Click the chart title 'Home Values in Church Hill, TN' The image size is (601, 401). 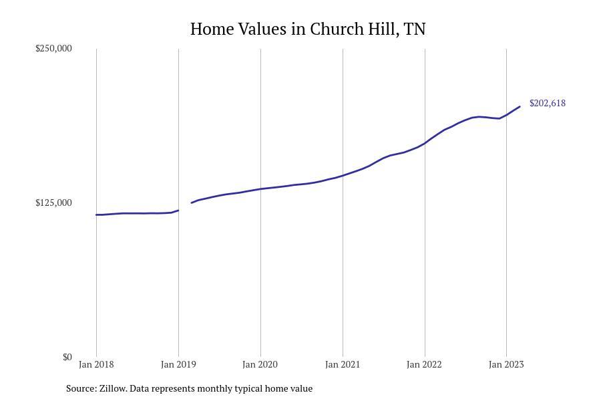point(308,29)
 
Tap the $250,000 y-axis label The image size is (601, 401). point(53,48)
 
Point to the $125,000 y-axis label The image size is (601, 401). point(53,203)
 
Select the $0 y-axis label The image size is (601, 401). point(67,357)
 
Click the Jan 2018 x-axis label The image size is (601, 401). point(96,364)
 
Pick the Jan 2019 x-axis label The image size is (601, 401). point(178,364)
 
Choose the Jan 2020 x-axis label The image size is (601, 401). point(260,364)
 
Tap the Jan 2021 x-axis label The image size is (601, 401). point(343,364)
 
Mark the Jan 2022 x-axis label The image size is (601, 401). point(425,364)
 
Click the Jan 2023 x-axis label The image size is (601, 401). point(506,364)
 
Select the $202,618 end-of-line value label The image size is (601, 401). point(547,103)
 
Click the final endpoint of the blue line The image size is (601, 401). point(520,107)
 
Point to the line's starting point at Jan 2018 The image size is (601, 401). point(97,215)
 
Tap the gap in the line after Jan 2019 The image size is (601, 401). point(185,207)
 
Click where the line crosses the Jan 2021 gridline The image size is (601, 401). point(343,175)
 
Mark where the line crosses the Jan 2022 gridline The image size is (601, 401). point(425,142)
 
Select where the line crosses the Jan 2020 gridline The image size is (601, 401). point(260,189)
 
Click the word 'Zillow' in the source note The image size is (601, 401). point(112,388)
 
